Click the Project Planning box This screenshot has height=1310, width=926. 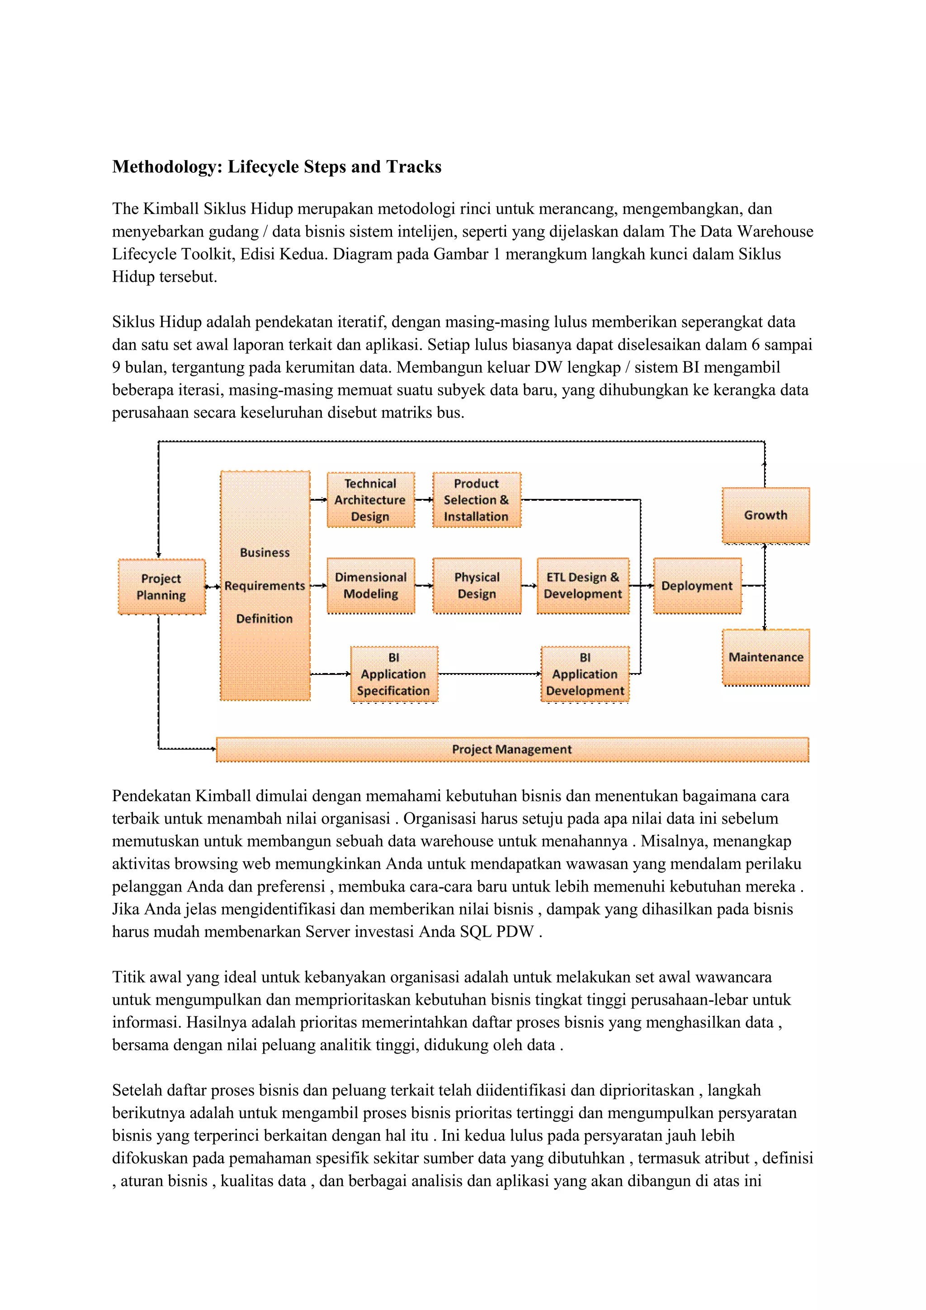(x=161, y=587)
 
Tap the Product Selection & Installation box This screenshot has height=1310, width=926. (x=476, y=500)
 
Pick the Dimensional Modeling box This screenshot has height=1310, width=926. (x=371, y=585)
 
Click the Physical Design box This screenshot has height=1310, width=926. (x=477, y=585)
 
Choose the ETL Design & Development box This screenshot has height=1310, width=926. (x=583, y=585)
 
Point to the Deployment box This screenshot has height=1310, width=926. (x=697, y=585)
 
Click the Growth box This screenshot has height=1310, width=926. (x=765, y=515)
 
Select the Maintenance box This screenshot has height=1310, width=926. (x=765, y=657)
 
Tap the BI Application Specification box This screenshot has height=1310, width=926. (x=393, y=674)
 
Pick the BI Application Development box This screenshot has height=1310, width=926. (x=585, y=674)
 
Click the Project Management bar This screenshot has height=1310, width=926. (x=511, y=749)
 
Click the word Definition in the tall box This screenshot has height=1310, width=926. (x=265, y=618)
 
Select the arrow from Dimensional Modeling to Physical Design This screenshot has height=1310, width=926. (x=424, y=585)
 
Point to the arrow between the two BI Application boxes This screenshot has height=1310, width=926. (x=489, y=674)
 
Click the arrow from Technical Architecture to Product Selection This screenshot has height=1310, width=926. (x=424, y=500)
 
